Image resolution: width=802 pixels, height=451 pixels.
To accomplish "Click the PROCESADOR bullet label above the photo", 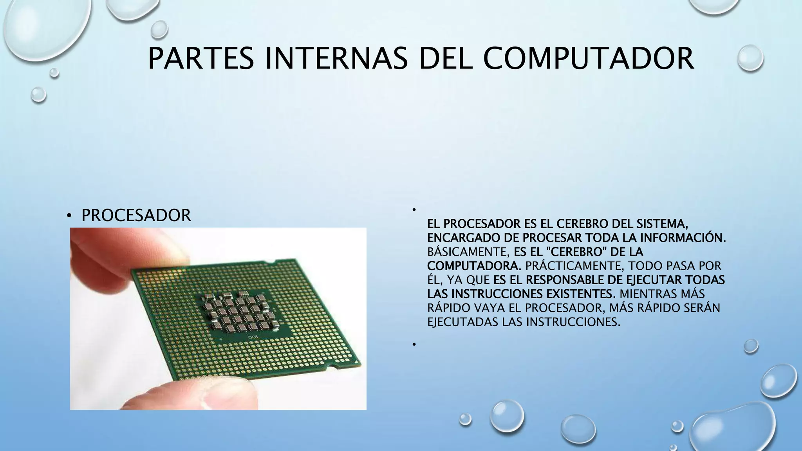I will click(x=136, y=215).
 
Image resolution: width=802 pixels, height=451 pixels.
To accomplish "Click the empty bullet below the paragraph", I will click(x=414, y=344).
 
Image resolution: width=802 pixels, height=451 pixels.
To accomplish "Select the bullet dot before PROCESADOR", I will click(x=69, y=216).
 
